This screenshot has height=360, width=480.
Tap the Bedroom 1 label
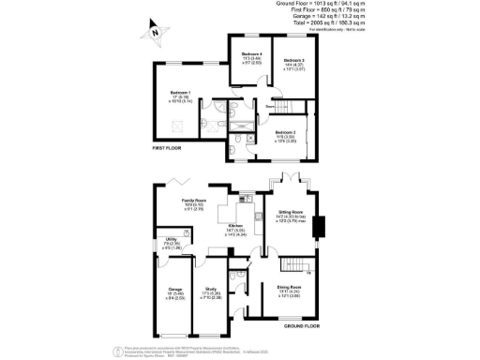pos(179,92)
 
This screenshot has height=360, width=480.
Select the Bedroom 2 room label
pos(288,134)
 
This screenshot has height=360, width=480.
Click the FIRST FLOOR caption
pos(167,148)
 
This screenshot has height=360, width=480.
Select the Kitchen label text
pos(236,226)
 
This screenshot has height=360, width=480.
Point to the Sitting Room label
pos(293,216)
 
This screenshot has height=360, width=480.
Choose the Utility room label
pos(171,242)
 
